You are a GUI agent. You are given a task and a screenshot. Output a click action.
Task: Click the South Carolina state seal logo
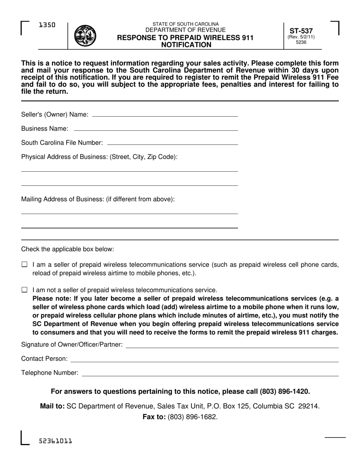tap(85, 35)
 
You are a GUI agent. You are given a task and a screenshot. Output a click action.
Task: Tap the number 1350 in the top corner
tap(47, 25)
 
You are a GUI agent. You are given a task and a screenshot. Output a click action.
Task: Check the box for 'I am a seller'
tap(25, 265)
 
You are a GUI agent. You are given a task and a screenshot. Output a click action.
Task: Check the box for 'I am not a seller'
tap(25, 290)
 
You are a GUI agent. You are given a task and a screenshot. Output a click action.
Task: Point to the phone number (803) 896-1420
tap(285, 391)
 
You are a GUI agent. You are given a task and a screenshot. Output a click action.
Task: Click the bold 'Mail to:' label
tap(52, 406)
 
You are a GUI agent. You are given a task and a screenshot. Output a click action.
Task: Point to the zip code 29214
tap(309, 406)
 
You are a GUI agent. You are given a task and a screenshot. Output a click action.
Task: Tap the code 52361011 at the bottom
tap(55, 441)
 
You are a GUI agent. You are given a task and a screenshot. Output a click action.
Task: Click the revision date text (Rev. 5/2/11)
tap(301, 37)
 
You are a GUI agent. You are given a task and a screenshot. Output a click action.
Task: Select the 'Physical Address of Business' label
tap(99, 157)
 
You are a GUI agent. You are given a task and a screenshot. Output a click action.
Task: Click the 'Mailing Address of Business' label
tap(98, 199)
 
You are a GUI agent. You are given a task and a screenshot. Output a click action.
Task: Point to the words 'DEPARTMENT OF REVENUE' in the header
tap(185, 30)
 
